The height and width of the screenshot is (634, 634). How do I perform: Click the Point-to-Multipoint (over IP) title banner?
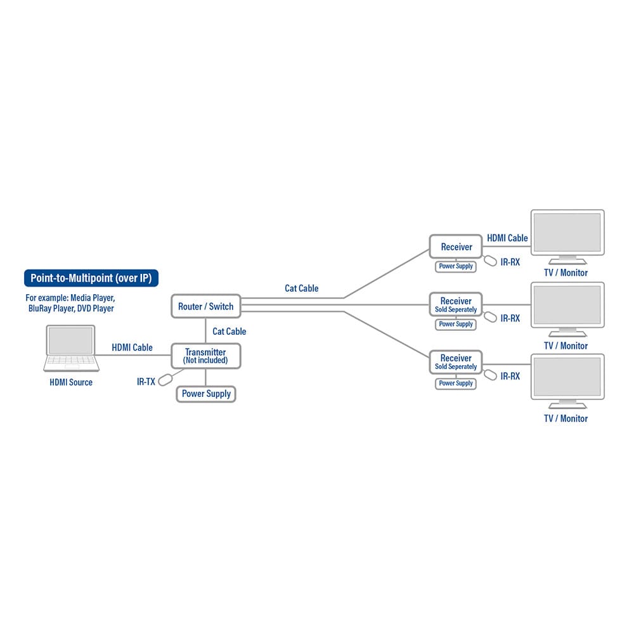coord(91,278)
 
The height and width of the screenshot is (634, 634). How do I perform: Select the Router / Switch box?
coord(205,306)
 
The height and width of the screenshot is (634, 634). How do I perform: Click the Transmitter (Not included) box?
coord(205,356)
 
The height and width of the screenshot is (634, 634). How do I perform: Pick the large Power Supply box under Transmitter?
coord(205,394)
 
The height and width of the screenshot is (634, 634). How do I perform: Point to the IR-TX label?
coord(146,382)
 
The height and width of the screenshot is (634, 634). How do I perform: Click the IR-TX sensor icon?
coord(165,380)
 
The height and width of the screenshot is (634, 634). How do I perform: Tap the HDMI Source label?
coord(71,382)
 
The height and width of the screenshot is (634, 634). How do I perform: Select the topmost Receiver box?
coord(456,247)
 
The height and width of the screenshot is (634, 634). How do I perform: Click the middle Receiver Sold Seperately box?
coord(456,304)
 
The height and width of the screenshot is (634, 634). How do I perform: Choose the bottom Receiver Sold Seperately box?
coord(456,362)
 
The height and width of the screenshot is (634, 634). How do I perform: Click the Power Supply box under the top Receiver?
coord(456,266)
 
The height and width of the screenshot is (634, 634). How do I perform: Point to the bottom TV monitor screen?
coord(567,379)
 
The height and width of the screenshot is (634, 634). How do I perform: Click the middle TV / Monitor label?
coord(566,346)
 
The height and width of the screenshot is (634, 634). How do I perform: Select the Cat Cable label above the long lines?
coord(301,288)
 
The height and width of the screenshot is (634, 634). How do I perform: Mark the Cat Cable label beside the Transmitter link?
coord(229,331)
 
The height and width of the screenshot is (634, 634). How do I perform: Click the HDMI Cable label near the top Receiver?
coord(507,238)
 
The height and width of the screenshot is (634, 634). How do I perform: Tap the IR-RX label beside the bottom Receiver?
coord(510,376)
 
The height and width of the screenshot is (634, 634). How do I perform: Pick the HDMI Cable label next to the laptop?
coord(132,347)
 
